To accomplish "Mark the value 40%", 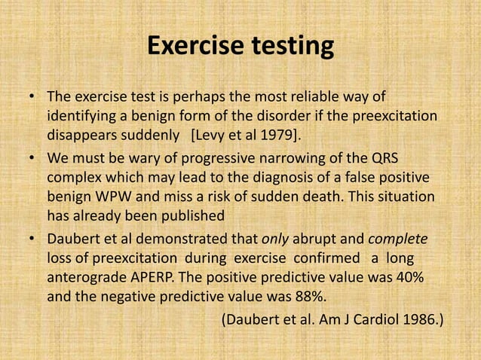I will pyautogui.click(x=408, y=278).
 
